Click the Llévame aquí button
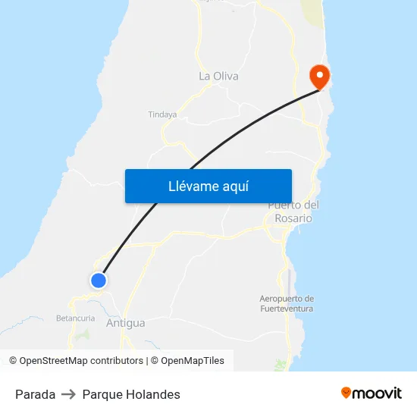coord(208,186)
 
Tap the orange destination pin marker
coord(319,76)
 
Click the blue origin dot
coord(98,281)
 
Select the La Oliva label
coord(218,76)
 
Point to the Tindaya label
coord(162,114)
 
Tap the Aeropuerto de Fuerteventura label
coord(287,303)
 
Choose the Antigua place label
coord(126,323)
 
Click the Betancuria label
coord(75,318)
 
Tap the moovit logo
coord(372,393)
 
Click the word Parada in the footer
coord(35,394)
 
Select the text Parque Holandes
coord(131,394)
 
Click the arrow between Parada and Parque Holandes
coord(68,394)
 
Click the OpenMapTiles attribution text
coord(193,361)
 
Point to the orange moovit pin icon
coord(346,393)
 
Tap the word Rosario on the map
coord(293,218)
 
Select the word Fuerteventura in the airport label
coord(287,309)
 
